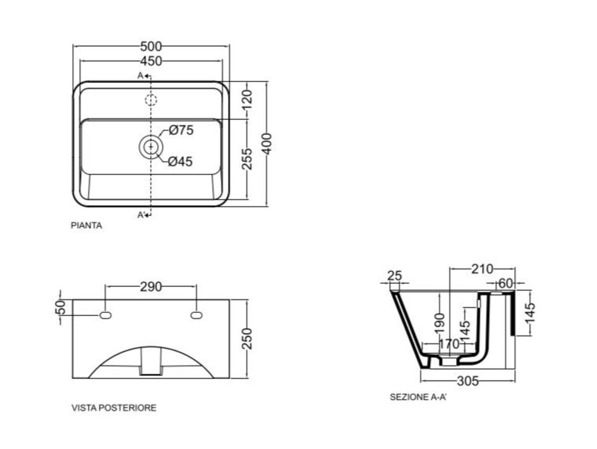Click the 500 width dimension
[x=151, y=46]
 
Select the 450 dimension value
[x=151, y=61]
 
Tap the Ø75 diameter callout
[x=181, y=130]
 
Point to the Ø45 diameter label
[x=180, y=161]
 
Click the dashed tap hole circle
[x=151, y=100]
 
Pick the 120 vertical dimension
[x=247, y=100]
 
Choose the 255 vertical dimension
[x=247, y=159]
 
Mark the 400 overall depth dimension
[x=267, y=144]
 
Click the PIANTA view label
[x=87, y=225]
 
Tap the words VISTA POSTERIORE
[x=114, y=408]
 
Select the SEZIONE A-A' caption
[x=418, y=397]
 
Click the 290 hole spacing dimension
[x=151, y=287]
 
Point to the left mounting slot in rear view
[x=105, y=315]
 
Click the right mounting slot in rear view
[x=197, y=315]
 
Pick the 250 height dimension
[x=247, y=339]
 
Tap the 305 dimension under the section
[x=468, y=381]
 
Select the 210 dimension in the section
[x=482, y=269]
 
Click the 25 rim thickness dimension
[x=395, y=276]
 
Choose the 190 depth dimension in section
[x=439, y=323]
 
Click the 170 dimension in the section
[x=449, y=344]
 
